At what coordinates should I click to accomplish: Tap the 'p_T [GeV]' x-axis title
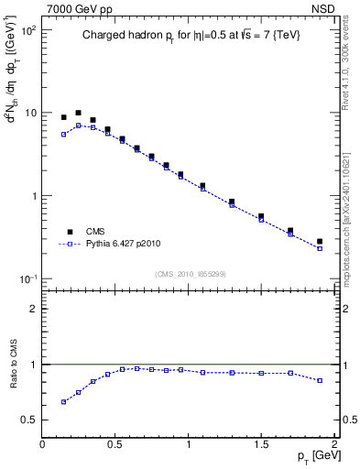tap(312, 455)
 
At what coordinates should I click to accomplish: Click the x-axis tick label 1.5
tap(261, 443)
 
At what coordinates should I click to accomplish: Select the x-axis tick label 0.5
tap(115, 443)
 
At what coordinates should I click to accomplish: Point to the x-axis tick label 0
tap(42, 443)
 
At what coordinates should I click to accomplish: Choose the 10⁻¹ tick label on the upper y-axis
tap(27, 278)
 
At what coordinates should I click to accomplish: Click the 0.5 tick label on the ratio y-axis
tap(28, 420)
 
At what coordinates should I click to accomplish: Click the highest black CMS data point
tap(79, 113)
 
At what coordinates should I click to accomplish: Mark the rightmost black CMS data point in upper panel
tap(320, 242)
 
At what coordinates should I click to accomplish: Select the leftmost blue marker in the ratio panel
tap(64, 401)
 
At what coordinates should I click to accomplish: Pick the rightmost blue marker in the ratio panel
tap(320, 380)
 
